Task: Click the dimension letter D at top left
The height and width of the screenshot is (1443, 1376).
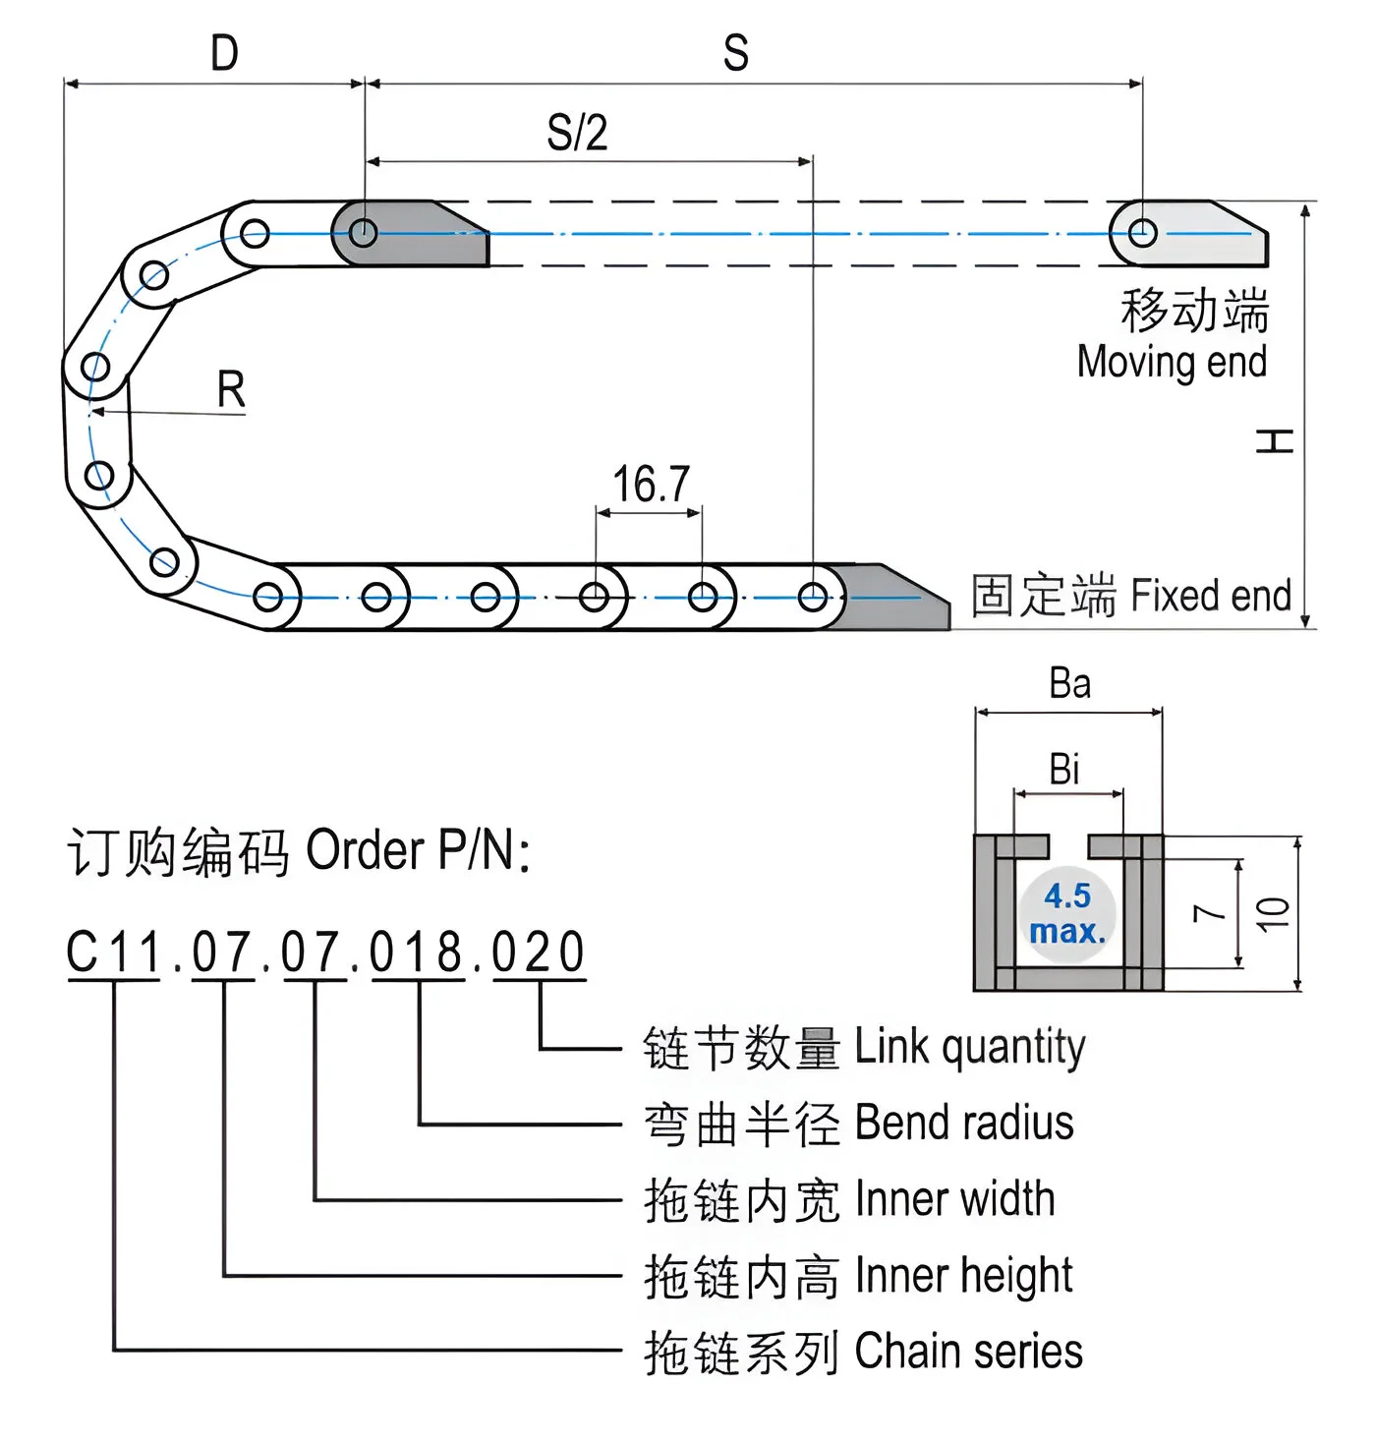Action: click(x=225, y=53)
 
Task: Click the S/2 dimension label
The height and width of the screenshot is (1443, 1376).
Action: click(x=577, y=133)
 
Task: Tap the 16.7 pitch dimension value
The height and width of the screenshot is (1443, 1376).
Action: click(x=651, y=485)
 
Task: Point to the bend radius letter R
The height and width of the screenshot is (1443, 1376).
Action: click(x=231, y=390)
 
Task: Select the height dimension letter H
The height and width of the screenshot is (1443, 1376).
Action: click(x=1275, y=441)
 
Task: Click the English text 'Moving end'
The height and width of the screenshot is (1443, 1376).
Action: click(x=1172, y=362)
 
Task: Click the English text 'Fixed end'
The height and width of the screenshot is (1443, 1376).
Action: click(x=1211, y=596)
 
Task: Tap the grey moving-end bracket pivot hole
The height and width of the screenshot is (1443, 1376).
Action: click(x=1142, y=233)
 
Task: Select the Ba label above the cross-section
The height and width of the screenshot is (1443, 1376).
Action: click(x=1069, y=684)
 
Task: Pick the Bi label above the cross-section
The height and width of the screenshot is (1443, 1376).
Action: click(x=1064, y=769)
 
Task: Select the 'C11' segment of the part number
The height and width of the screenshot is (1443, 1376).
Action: click(x=113, y=952)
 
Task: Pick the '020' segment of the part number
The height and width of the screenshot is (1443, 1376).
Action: click(x=539, y=952)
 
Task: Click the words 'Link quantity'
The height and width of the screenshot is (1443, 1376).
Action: click(x=969, y=1047)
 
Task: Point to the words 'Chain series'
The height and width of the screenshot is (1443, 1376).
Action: click(x=968, y=1352)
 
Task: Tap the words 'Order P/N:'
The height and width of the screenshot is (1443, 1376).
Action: click(x=418, y=850)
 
